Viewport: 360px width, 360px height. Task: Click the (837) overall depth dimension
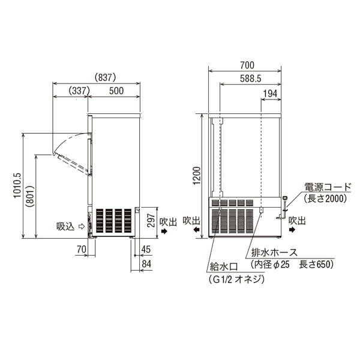tap(105, 77)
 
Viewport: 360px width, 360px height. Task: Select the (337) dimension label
tap(79, 91)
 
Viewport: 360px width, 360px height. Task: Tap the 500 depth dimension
tap(116, 91)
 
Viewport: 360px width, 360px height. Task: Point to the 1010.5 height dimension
tap(17, 185)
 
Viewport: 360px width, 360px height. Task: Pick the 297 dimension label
tap(151, 220)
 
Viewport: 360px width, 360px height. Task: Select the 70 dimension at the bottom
tap(82, 250)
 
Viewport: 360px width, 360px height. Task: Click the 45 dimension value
tap(146, 250)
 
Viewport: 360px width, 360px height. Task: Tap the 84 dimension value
tap(146, 264)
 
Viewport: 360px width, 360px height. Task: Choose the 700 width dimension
tap(247, 65)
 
